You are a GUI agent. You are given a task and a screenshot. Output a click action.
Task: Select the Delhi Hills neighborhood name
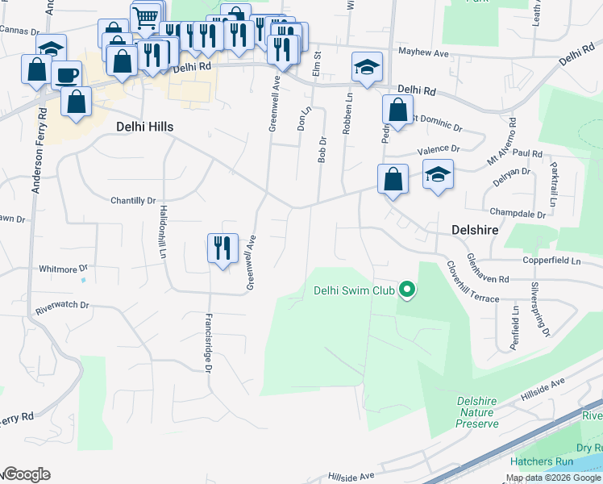point(144,127)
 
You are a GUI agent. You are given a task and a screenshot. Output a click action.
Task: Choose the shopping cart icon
point(145,17)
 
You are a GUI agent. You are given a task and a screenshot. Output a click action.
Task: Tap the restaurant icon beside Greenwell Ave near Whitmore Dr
point(222,248)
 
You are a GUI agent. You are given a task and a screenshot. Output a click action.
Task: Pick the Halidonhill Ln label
point(164,232)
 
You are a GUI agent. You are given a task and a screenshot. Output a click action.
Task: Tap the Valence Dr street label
point(438,149)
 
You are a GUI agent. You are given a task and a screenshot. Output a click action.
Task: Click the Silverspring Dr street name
point(539,309)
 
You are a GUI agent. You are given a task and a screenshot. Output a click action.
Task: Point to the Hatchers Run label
point(541,462)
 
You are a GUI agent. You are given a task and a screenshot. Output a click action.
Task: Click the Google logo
point(27,474)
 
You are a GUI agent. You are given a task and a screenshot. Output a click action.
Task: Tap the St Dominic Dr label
point(436,123)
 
